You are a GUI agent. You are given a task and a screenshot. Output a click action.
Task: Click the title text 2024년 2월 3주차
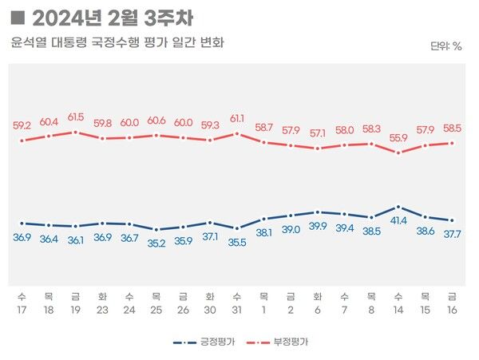point(112,17)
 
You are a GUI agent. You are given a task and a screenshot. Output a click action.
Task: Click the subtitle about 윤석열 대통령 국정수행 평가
point(117,42)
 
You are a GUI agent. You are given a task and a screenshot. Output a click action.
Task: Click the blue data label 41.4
point(398,220)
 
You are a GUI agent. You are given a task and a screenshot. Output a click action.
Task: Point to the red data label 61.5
point(75,117)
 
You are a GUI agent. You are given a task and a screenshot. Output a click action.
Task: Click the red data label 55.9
point(398,137)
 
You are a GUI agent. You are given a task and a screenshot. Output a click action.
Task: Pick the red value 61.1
point(237,118)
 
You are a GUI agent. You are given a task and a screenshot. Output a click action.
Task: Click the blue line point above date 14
point(398,207)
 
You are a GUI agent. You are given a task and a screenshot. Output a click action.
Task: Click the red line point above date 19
point(75,132)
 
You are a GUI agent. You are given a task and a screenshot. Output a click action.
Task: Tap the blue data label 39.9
point(318,227)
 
